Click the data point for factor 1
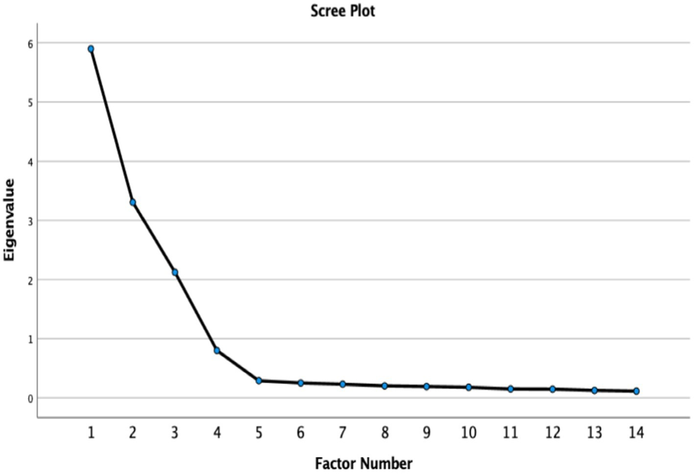coord(91,49)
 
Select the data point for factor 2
coord(133,202)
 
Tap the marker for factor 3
coord(175,272)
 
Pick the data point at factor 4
coord(217,350)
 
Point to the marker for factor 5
coord(259,381)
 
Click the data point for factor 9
coord(426,386)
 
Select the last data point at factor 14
coord(636,391)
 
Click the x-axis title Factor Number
coord(364,463)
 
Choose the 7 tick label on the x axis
coord(342,433)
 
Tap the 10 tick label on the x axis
coord(468,433)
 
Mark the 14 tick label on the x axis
coord(636,433)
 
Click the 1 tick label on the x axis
coord(91,433)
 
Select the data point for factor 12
coord(552,389)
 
